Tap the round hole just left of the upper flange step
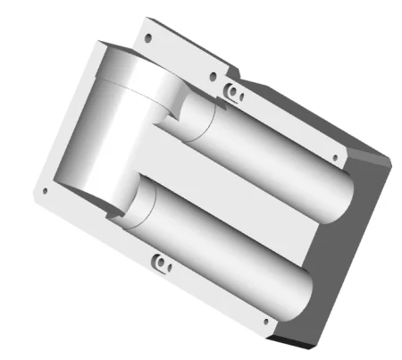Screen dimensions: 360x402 (x=212, y=77)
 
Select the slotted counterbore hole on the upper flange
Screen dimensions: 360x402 (x=233, y=92)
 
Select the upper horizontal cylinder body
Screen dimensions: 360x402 (x=268, y=161)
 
